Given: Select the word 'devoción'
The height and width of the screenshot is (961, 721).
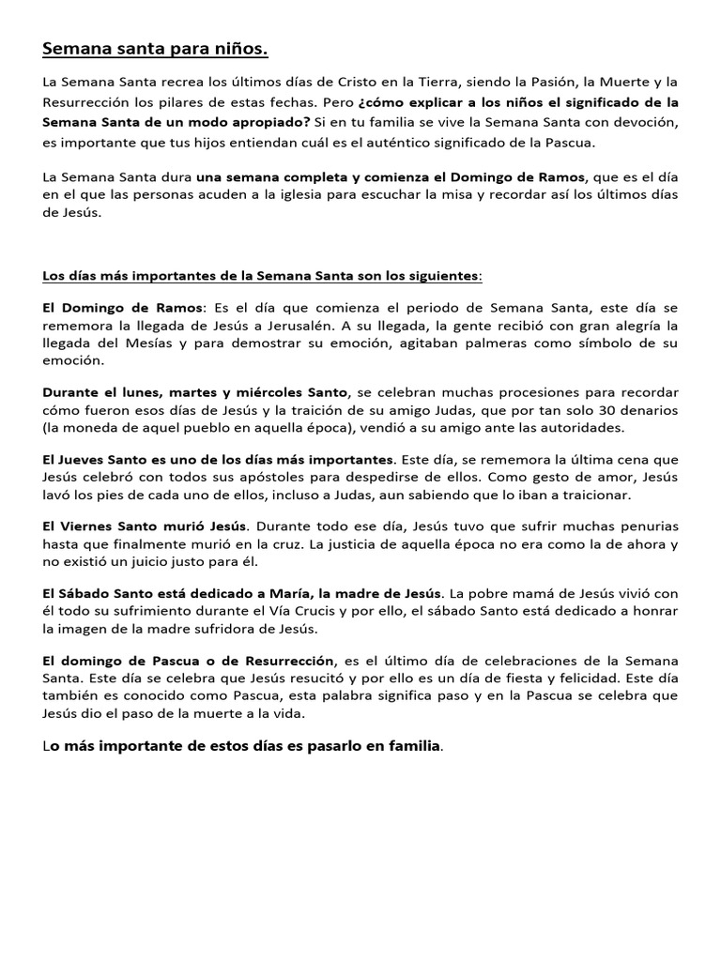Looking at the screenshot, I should (643, 122).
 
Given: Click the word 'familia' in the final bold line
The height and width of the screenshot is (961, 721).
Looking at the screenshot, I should (406, 747).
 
